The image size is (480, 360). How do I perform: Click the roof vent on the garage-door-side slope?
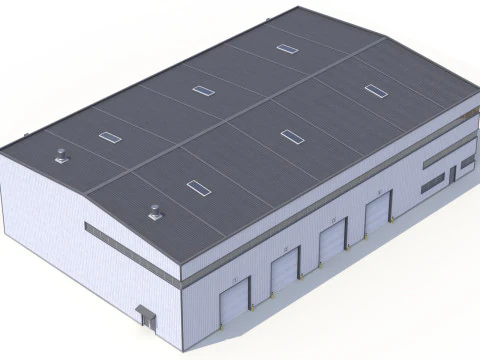tap(154, 211)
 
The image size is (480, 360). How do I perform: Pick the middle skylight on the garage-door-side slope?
tap(291, 136)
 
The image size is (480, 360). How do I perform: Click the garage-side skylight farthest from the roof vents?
tap(375, 91)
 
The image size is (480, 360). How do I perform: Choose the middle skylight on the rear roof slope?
tap(203, 90)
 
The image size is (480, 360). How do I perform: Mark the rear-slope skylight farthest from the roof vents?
tap(287, 48)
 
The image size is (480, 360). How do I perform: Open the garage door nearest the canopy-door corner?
tap(234, 299)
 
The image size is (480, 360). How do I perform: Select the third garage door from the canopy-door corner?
tap(332, 241)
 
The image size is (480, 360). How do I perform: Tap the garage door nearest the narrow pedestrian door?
tap(377, 215)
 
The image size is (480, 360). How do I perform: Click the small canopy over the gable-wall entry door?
tap(146, 310)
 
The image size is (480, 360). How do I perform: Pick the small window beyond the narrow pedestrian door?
tap(466, 166)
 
